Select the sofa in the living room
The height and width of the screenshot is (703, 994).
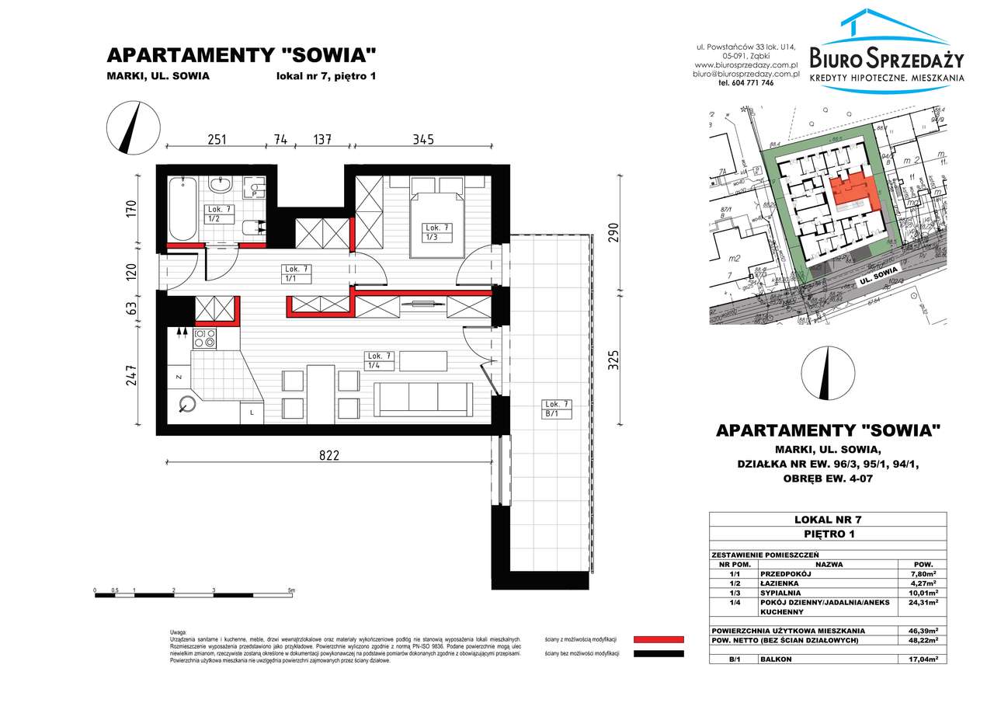coord(424,400)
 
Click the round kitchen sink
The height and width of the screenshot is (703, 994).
coord(187,404)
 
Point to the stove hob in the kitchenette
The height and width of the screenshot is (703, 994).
coord(205,338)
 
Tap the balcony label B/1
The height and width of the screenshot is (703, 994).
coord(558,409)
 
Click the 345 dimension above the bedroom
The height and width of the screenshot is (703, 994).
coord(422,140)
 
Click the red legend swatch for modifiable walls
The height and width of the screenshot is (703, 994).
coord(659,639)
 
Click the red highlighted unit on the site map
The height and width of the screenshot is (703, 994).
coord(857,193)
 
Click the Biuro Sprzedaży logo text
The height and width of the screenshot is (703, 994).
coord(886,58)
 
